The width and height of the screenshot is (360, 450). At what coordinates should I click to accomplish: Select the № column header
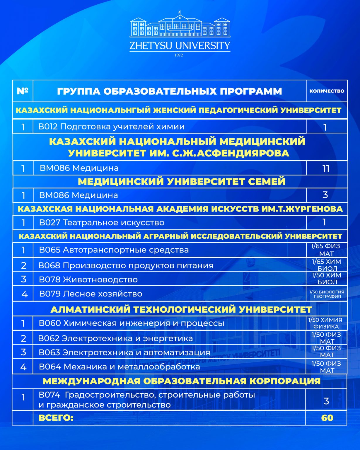[23, 91]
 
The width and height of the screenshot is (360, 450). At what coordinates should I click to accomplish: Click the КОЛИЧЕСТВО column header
[327, 91]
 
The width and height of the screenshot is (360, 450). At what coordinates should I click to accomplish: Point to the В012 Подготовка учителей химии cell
[112, 127]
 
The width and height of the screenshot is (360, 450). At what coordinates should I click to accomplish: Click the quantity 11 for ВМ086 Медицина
[326, 168]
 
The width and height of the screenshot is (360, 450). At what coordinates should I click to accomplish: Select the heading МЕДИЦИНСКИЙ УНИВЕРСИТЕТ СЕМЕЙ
[182, 182]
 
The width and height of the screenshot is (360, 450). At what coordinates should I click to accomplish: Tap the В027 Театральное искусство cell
[102, 223]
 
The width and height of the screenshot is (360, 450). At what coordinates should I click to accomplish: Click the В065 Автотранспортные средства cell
[114, 250]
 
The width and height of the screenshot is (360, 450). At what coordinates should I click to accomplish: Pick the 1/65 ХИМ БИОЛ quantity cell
[327, 265]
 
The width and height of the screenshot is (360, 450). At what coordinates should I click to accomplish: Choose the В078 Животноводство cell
[88, 279]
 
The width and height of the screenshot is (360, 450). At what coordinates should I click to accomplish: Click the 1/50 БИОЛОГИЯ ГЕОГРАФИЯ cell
[327, 294]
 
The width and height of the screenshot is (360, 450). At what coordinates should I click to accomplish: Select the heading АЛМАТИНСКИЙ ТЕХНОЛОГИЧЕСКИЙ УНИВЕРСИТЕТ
[181, 309]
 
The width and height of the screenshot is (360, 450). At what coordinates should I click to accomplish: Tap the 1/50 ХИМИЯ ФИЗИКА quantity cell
[326, 323]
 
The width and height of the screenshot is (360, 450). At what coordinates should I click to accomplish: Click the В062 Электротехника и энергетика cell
[116, 338]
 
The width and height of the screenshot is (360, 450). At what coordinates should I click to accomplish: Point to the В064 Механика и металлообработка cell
[120, 367]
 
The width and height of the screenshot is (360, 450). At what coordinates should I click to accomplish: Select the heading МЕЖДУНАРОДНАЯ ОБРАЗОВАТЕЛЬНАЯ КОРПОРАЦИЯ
[182, 381]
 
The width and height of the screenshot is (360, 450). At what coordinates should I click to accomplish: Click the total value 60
[327, 418]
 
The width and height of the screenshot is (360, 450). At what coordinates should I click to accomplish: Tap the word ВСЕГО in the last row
[56, 418]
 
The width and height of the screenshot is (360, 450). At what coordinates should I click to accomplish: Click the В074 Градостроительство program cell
[146, 400]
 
